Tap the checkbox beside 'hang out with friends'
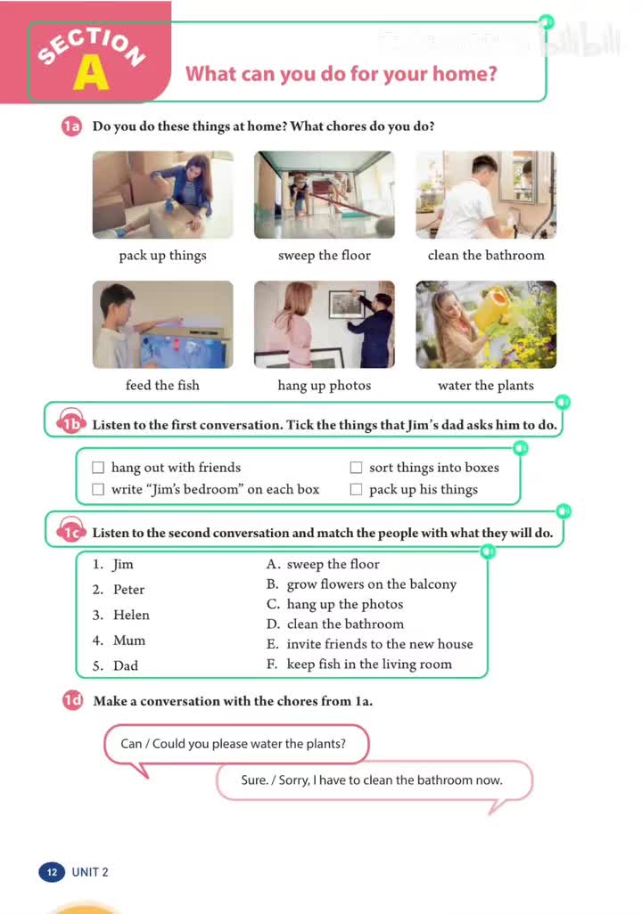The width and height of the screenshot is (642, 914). (98, 468)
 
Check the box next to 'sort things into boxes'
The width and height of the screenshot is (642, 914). (356, 468)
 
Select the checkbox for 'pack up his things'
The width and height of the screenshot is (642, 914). (356, 489)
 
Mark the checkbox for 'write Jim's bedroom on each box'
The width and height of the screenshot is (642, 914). (98, 489)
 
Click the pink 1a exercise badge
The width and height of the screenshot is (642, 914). (71, 126)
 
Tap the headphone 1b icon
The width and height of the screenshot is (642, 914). (70, 425)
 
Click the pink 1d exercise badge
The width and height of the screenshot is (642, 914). (71, 701)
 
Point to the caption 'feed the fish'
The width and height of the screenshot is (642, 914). (162, 386)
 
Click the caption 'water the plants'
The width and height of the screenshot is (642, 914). (485, 386)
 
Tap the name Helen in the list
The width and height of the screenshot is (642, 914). (131, 615)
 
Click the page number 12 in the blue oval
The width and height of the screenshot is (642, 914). (52, 872)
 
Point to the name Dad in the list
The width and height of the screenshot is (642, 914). (126, 665)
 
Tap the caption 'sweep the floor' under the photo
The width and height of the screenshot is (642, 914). (324, 256)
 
